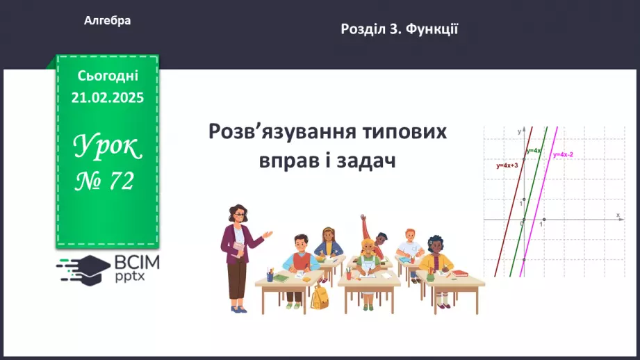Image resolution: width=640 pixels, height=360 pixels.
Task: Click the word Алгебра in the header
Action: coord(107,21)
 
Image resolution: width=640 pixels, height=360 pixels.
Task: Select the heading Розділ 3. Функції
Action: coord(399,29)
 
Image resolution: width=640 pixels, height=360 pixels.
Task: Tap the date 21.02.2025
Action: coord(107,97)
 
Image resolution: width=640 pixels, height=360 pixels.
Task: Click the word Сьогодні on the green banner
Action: coord(108,76)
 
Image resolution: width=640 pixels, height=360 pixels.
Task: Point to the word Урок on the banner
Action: coord(108,147)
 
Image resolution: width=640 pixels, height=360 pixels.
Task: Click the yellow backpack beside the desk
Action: coord(320,297)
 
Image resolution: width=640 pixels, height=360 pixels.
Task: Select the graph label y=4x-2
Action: coord(563,154)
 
